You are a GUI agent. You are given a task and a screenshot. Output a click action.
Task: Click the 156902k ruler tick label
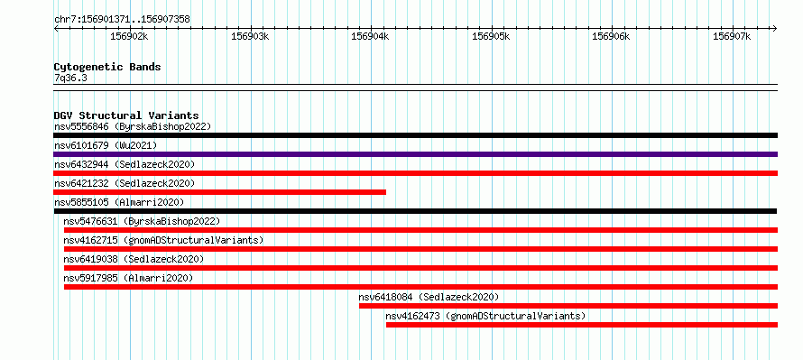(x=130, y=36)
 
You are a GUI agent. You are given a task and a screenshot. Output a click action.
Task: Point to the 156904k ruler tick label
(x=370, y=36)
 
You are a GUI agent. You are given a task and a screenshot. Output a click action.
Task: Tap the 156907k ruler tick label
(x=732, y=36)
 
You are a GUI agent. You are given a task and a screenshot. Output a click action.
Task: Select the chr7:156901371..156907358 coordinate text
(x=122, y=20)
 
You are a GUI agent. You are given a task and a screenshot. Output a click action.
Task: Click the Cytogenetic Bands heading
(x=107, y=67)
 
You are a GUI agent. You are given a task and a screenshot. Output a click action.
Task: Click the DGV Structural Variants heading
(x=126, y=115)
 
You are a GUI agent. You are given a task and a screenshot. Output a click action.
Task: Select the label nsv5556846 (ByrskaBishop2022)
(x=133, y=126)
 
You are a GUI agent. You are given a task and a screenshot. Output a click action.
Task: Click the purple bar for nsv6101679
(x=415, y=154)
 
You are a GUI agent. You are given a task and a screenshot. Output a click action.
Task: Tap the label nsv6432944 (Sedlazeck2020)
(x=125, y=164)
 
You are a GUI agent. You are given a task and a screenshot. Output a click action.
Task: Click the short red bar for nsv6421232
(x=220, y=192)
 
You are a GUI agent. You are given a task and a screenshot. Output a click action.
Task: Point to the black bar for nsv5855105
(x=415, y=211)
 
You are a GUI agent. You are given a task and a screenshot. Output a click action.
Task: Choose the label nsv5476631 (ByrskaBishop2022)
(x=142, y=221)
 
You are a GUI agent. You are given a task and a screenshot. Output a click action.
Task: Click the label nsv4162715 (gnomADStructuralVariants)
(x=163, y=240)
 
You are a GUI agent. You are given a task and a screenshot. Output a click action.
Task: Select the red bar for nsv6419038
(x=420, y=268)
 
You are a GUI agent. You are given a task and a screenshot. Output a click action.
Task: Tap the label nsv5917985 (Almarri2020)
(x=128, y=278)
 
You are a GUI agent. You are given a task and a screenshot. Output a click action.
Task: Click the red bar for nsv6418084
(x=568, y=306)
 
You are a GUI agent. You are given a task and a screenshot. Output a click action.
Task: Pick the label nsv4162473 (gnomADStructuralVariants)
(x=485, y=316)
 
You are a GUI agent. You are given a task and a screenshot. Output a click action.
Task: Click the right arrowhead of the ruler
(x=775, y=28)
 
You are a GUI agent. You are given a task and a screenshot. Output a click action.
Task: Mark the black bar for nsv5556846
(x=415, y=135)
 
